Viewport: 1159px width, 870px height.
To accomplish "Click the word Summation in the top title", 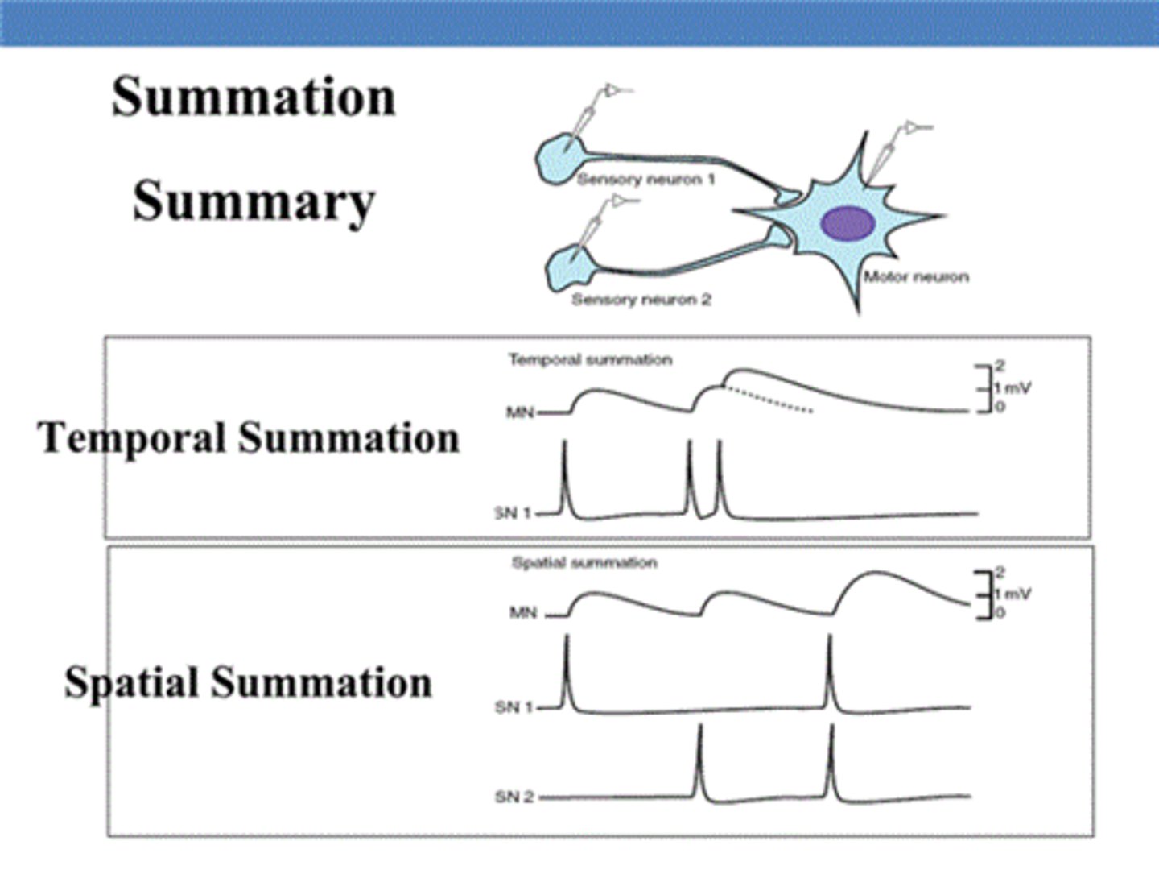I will (254, 97).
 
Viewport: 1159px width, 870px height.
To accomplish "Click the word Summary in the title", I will (254, 201).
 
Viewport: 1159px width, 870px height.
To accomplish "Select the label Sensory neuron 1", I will (645, 180).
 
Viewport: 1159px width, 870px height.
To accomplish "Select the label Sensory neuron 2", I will (641, 300).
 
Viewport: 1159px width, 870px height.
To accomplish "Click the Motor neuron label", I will (916, 277).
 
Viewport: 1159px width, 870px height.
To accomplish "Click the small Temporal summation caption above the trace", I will (590, 360).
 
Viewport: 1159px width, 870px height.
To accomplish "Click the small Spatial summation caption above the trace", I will (584, 563).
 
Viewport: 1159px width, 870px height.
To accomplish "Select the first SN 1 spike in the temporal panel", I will (565, 475).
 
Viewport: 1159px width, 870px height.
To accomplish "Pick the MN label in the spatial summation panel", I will (523, 613).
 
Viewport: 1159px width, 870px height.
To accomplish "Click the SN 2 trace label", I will (514, 797).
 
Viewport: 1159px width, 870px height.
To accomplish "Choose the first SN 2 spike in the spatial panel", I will (700, 757).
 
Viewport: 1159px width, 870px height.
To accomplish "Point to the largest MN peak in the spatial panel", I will (869, 573).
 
